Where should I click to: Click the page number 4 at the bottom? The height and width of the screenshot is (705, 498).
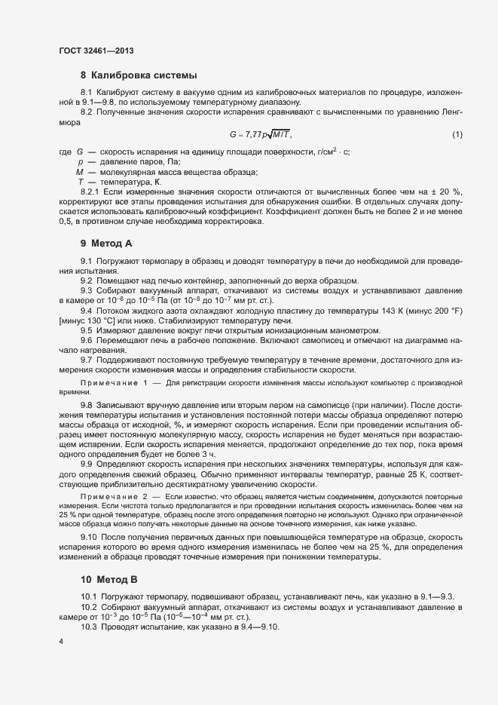tap(61, 641)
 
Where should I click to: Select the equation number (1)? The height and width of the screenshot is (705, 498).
tap(457, 134)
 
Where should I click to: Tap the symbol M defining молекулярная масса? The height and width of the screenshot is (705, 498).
tap(79, 172)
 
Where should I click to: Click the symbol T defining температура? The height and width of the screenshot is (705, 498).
tap(79, 182)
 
